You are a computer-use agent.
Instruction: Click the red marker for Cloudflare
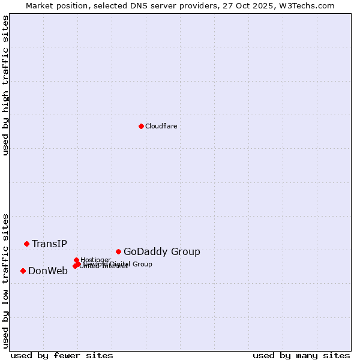coord(141,126)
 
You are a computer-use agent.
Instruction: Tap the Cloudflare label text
coord(161,126)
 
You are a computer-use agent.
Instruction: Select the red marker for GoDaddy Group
coord(118,251)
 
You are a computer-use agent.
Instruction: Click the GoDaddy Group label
coord(162,252)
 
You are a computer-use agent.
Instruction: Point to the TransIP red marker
coord(26,244)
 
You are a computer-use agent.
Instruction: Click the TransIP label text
coord(49,244)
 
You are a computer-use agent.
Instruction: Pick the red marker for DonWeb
coord(23,271)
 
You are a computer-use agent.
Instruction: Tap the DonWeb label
coord(48,271)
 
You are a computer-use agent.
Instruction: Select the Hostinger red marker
coord(76,260)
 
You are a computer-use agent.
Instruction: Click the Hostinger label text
coord(96,260)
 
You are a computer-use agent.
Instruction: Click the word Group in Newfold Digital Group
coord(142,264)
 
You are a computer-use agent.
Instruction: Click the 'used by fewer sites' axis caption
coord(62,355)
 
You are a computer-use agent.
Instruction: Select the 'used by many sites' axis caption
coord(301,355)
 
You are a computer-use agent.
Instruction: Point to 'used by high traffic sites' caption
coord(6,85)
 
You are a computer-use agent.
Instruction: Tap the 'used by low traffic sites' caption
coord(6,280)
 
